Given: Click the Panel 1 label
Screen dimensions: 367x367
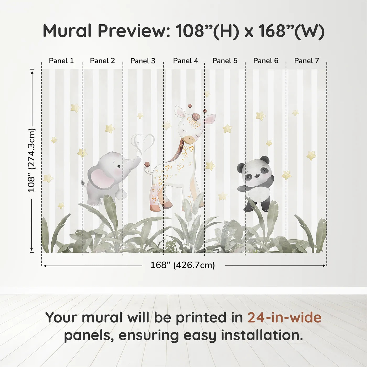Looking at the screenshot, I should (x=61, y=61).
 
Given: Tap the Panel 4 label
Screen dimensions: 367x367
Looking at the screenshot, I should (x=186, y=61).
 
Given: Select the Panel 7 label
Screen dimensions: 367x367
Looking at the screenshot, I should (x=306, y=61).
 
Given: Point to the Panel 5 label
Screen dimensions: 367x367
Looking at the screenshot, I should (x=225, y=61).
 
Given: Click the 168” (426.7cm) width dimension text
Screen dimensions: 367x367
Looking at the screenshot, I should (x=182, y=265).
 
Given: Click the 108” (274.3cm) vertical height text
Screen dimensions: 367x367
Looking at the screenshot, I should (x=31, y=160).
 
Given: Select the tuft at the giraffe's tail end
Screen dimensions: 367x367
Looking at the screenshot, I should (x=147, y=165).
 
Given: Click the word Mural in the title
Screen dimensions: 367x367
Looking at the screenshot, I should (x=67, y=31).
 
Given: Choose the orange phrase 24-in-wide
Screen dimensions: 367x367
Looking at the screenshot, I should (x=284, y=318).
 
